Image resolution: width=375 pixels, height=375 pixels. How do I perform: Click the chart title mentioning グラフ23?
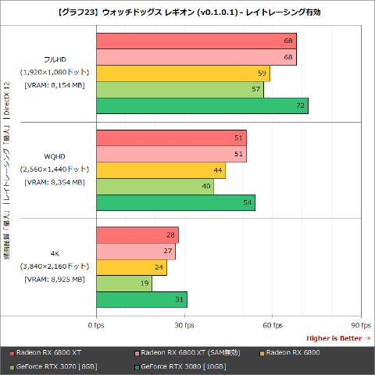[187, 12]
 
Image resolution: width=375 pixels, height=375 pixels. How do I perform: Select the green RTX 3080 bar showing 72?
[202, 105]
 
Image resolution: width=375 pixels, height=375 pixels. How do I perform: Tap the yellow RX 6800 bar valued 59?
[183, 73]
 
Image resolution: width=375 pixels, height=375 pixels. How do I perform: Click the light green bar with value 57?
[180, 90]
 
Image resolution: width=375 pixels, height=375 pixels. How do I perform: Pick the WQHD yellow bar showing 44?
[160, 170]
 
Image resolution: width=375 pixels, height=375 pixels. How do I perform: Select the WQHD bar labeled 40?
[155, 187]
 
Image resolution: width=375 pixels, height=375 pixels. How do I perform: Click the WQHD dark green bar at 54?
[175, 202]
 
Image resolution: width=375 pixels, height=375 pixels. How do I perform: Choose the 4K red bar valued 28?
[137, 235]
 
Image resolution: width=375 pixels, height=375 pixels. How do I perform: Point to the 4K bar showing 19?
[123, 283]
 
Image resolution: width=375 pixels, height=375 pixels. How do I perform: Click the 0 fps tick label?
[96, 324]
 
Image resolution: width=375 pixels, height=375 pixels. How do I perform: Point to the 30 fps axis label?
[184, 324]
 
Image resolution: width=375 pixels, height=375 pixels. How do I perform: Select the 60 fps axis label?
[272, 324]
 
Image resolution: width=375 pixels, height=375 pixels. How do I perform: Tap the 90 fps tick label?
[359, 324]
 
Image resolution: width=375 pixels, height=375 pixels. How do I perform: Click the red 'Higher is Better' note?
[337, 337]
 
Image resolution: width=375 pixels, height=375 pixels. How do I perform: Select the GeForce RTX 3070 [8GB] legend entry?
[55, 366]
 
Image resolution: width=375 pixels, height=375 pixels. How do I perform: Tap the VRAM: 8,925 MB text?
[54, 279]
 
